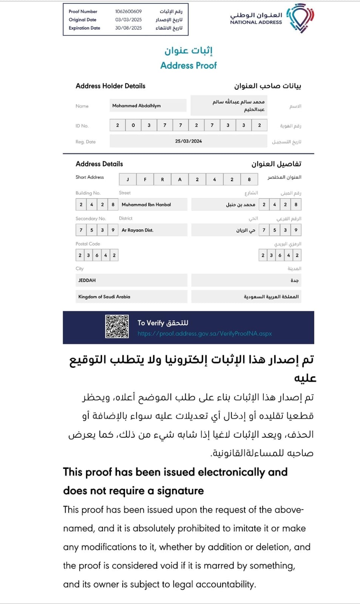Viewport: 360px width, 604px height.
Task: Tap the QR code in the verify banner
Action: pos(117,327)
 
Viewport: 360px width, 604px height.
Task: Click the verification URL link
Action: pos(205,334)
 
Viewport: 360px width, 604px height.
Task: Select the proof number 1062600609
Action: pos(128,12)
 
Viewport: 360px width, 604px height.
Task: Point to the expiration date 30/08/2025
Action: pos(128,28)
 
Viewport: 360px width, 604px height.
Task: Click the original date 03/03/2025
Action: pos(128,20)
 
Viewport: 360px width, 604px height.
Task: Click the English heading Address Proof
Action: pos(188,66)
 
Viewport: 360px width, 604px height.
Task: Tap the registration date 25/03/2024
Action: pos(188,141)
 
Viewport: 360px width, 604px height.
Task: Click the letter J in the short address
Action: pos(128,180)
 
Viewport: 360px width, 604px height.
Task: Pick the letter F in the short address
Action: pos(145,180)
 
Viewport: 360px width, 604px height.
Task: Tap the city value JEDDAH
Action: pos(87,280)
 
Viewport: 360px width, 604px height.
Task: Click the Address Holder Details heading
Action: pos(110,86)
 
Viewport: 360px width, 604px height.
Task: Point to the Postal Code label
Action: pos(88,244)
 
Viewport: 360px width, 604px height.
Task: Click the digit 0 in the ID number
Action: pos(133,125)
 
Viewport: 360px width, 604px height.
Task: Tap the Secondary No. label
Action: pos(91,219)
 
